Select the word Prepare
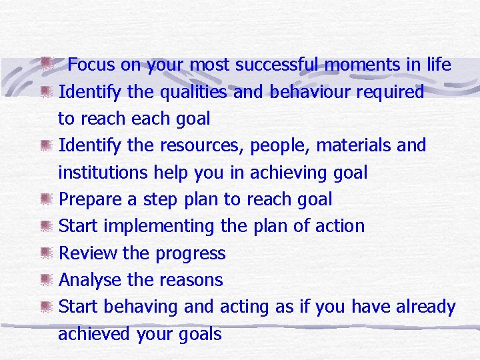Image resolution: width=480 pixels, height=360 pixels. tap(91, 199)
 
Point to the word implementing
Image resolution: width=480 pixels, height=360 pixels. tap(161, 227)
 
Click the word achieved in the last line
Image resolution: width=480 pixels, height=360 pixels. tap(94, 334)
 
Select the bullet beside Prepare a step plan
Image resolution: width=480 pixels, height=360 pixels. tap(45, 199)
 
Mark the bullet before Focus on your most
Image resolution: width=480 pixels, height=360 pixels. tap(45, 65)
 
